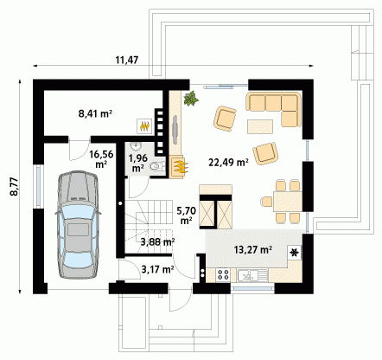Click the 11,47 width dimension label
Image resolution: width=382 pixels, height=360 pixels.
click(x=127, y=60)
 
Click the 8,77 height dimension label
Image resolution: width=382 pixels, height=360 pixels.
click(x=14, y=187)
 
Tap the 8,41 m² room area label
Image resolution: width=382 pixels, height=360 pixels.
click(x=95, y=113)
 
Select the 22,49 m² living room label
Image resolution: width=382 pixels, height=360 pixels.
click(x=228, y=163)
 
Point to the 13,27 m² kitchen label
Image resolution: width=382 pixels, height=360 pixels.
click(x=253, y=249)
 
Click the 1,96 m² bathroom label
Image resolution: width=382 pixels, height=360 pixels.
click(x=138, y=163)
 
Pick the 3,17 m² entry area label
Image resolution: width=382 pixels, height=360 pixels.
click(x=157, y=269)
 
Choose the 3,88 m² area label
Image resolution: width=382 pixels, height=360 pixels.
click(x=157, y=241)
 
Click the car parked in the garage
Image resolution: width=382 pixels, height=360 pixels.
click(x=78, y=225)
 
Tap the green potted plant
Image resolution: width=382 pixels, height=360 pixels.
click(x=191, y=99)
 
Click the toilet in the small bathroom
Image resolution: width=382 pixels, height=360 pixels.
click(x=156, y=167)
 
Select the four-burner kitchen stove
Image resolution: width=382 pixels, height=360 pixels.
click(x=223, y=274)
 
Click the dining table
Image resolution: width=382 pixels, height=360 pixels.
click(x=287, y=201)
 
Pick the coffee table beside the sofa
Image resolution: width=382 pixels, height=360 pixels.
click(x=260, y=127)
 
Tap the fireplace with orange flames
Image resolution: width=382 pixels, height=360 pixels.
click(x=179, y=167)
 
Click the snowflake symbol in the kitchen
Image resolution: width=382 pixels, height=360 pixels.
click(x=295, y=253)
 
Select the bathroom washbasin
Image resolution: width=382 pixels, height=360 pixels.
click(x=135, y=146)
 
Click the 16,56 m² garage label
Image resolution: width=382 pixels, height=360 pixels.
click(x=101, y=158)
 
